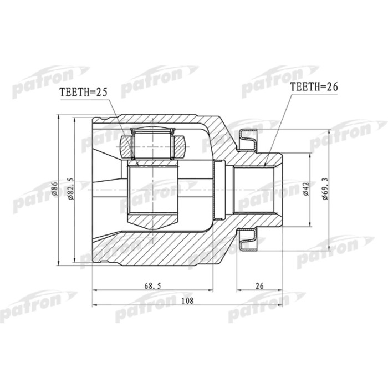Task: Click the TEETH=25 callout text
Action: tap(83, 94)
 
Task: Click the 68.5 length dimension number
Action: tap(152, 285)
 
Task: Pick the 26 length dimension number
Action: tap(259, 285)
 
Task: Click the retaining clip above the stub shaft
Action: tap(248, 138)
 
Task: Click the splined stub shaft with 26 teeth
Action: tap(258, 189)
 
